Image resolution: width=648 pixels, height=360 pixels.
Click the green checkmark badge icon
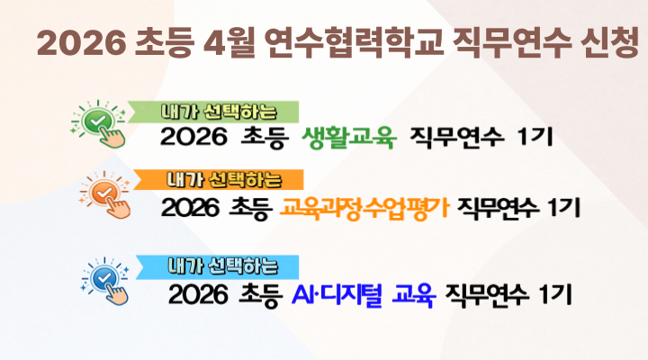(96, 120)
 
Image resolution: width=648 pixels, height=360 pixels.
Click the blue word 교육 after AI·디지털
(414, 293)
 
